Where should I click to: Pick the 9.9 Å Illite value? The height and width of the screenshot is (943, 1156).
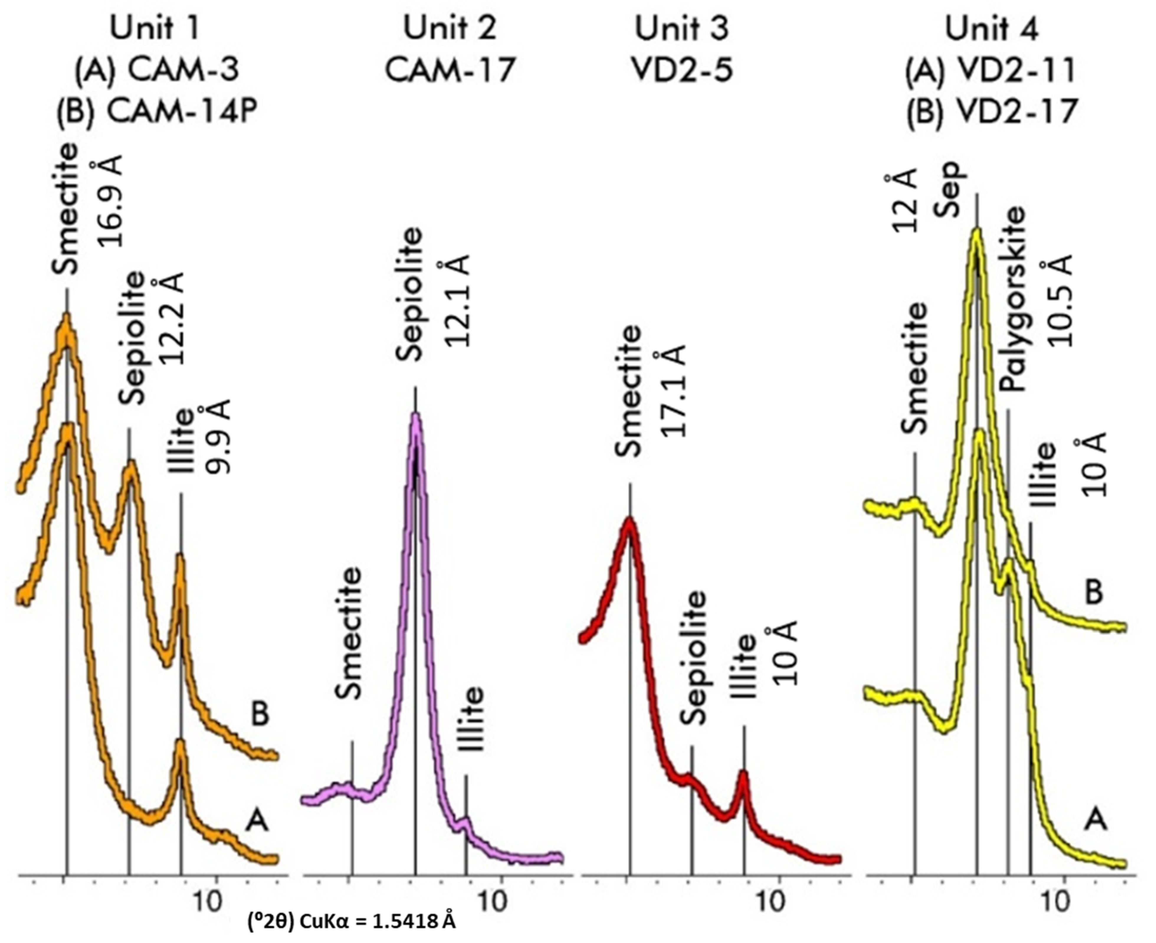[x=219, y=437]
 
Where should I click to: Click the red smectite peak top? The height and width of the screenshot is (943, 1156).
[x=629, y=522]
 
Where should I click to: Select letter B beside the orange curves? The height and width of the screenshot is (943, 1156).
[x=260, y=714]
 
